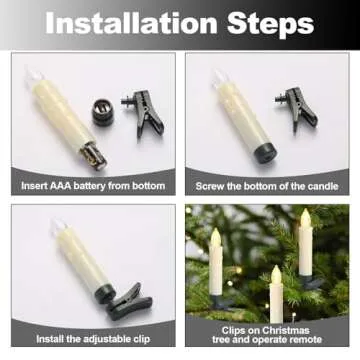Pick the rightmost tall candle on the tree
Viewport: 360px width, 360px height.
pos(305,245)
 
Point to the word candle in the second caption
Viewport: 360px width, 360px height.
pos(317,186)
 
